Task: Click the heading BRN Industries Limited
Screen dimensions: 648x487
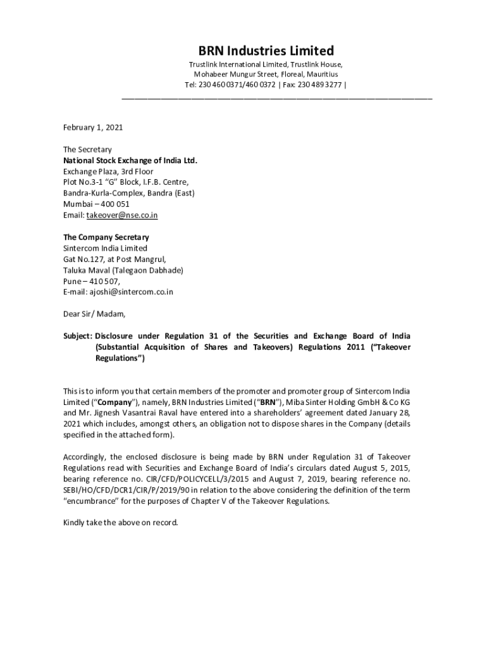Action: point(266,50)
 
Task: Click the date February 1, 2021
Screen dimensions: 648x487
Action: point(92,127)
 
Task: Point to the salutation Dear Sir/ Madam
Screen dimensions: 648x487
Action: point(94,314)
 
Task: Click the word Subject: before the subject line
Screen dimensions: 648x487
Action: point(77,336)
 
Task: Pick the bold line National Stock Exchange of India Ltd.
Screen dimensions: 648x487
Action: point(130,160)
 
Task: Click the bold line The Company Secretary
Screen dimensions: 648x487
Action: point(106,237)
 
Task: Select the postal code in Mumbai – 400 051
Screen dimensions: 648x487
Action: point(114,204)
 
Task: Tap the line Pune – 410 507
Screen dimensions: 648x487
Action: point(91,281)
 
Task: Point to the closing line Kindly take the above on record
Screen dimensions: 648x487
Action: point(121,523)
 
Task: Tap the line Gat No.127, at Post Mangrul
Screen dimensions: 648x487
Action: point(114,259)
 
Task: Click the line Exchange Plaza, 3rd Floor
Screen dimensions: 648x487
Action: point(108,171)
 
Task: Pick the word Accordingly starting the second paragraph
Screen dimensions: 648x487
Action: point(85,457)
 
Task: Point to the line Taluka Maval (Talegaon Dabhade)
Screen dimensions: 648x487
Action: point(123,270)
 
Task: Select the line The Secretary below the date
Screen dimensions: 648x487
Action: point(87,149)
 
